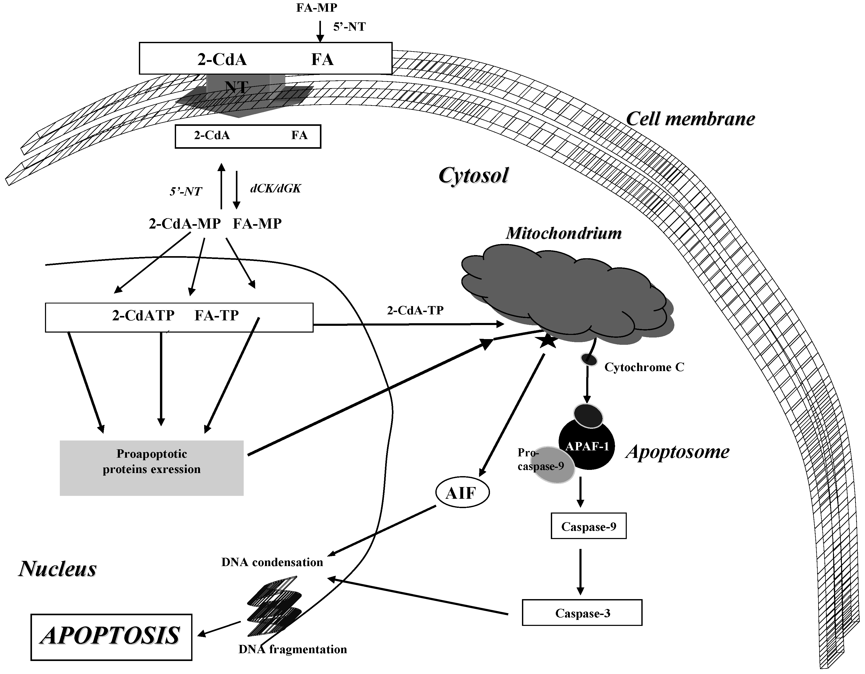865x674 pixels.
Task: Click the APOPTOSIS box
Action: point(111,637)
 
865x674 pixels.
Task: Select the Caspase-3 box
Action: point(582,613)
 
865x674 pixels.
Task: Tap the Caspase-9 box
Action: point(589,527)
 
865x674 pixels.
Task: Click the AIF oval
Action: point(462,493)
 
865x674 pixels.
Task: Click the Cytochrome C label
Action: point(644,367)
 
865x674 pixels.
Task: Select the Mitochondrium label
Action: point(564,233)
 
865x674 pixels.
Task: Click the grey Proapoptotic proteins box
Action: point(152,468)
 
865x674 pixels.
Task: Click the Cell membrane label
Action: point(690,119)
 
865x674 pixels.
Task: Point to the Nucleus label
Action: point(58,569)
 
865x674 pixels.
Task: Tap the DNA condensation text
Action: point(272,562)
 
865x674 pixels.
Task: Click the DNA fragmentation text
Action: point(293,649)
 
